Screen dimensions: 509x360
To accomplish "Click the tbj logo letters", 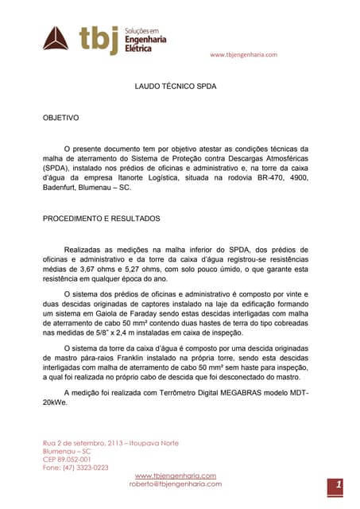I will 99,38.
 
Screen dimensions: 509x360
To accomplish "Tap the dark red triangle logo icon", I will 56,37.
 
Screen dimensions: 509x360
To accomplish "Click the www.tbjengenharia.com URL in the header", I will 243,54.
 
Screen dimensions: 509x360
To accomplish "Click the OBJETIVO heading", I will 60,118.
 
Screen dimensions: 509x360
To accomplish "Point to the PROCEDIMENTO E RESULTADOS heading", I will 101,218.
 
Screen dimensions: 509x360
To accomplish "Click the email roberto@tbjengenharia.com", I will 176,484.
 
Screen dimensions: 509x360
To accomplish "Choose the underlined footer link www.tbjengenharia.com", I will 176,476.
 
